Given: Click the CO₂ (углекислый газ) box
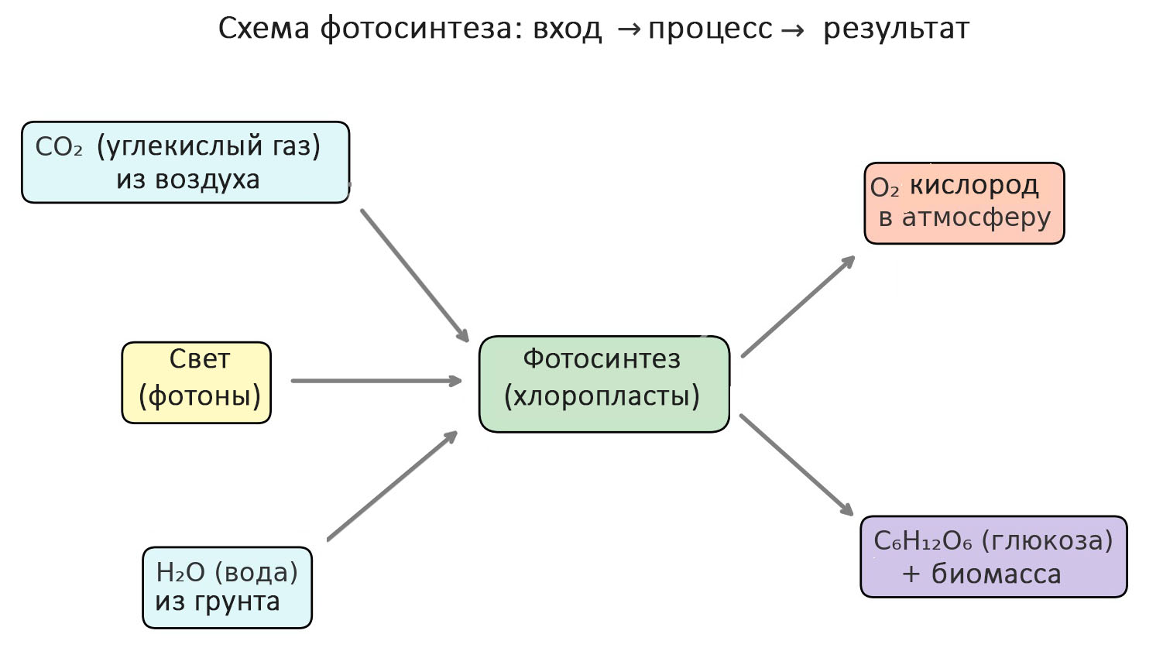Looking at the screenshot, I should click(185, 162).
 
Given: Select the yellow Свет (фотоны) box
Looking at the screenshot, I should click(197, 382).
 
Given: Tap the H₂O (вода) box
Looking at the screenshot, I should click(227, 587).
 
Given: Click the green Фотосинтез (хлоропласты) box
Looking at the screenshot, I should click(604, 383).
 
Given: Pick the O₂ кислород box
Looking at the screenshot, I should click(964, 203).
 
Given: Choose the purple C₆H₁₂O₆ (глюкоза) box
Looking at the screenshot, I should click(993, 557).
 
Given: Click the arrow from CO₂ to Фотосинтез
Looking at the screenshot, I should click(414, 275).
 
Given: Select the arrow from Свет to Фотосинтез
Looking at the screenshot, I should click(376, 381).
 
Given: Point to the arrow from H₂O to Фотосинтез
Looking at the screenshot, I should click(393, 485).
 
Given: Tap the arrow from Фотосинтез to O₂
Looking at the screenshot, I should click(798, 307).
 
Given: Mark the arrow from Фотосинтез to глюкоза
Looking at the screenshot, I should click(796, 464).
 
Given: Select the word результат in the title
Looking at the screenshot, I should click(896, 29).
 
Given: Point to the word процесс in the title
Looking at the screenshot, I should click(710, 29).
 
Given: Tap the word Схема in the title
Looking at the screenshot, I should click(264, 29).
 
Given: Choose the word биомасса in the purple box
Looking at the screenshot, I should click(996, 574).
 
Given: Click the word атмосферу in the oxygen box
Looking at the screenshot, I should click(976, 218).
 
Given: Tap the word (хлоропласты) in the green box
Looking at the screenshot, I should click(602, 396).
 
